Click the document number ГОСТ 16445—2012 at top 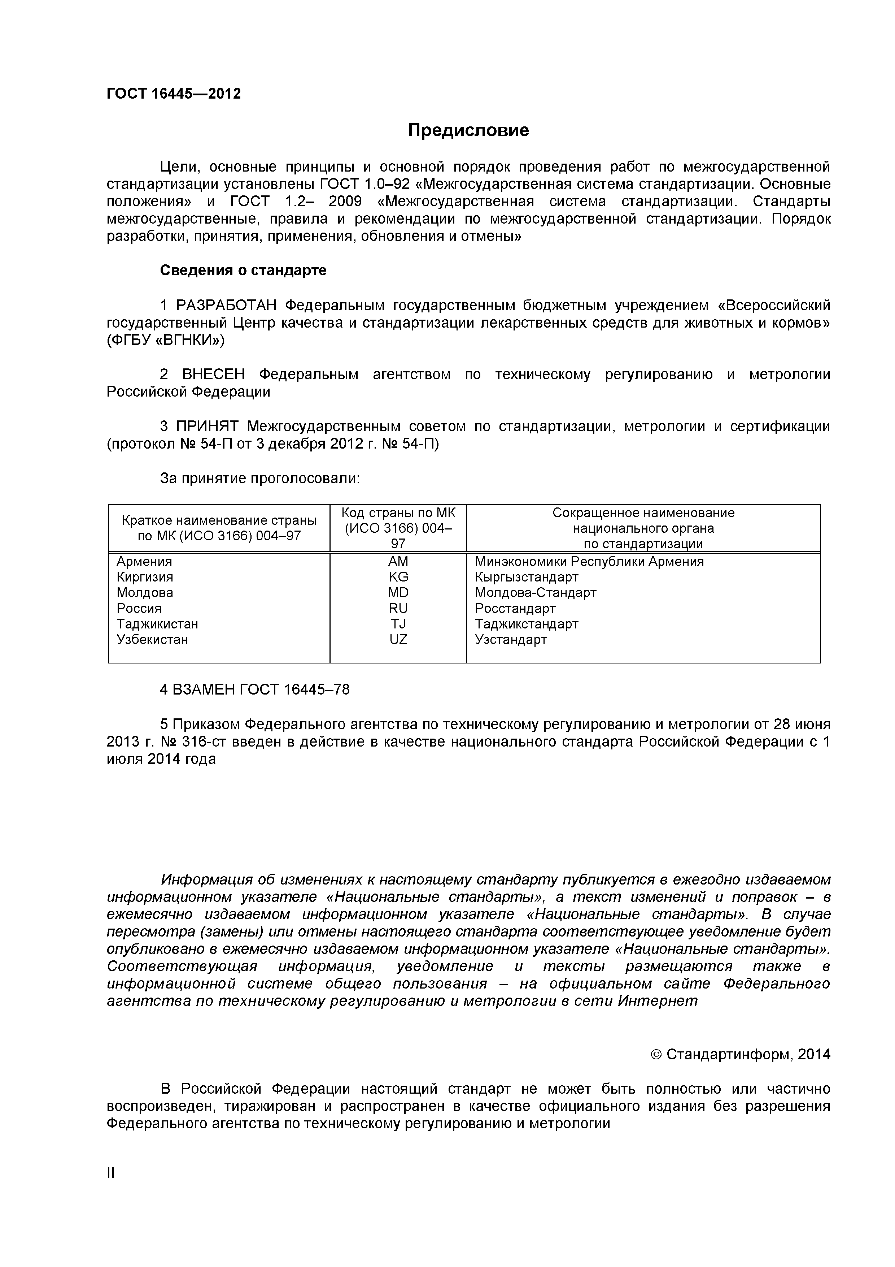click(174, 94)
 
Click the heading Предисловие click(468, 130)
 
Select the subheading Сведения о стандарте click(243, 271)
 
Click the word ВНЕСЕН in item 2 click(213, 375)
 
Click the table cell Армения click(144, 562)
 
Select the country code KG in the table click(398, 577)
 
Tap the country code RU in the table click(398, 608)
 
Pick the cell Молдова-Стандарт click(536, 593)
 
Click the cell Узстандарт click(511, 640)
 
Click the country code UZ click(398, 640)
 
